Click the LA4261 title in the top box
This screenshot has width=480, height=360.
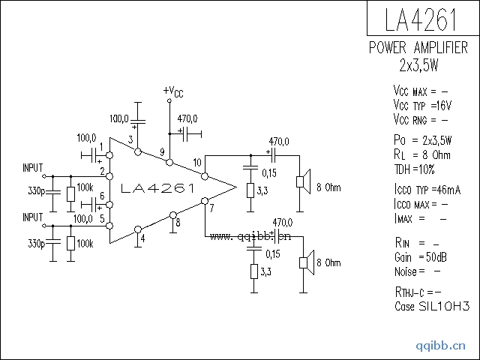[x=422, y=18]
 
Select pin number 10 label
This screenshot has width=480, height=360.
[x=196, y=162]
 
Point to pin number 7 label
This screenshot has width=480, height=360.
[x=211, y=207]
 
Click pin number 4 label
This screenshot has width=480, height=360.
[x=142, y=239]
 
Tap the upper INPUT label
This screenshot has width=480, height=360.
[x=33, y=166]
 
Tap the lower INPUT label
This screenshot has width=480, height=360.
[x=33, y=217]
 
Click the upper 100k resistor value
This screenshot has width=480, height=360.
[x=85, y=187]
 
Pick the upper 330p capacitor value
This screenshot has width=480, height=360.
[x=36, y=192]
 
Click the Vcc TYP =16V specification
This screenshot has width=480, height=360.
[x=421, y=105]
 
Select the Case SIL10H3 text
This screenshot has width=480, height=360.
[x=431, y=307]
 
